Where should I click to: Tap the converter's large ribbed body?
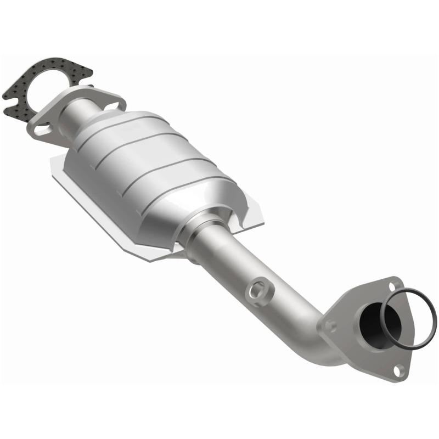[148, 165]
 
